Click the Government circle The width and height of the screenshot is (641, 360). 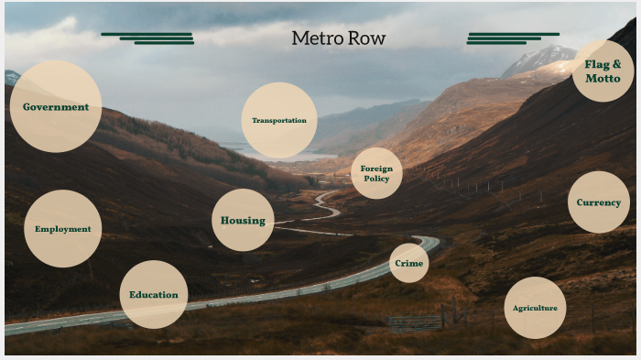55,106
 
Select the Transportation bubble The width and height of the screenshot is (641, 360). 279,120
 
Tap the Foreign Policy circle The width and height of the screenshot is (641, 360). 376,173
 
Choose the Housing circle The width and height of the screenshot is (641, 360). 243,220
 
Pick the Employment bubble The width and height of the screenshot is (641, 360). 62,229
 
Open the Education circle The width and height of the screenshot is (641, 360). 154,294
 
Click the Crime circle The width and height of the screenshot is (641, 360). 408,263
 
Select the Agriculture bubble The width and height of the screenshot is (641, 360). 535,308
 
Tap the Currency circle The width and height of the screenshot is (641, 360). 599,202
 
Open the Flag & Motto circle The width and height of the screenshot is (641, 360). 603,71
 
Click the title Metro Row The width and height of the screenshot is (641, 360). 338,38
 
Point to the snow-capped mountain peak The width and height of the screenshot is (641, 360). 540,60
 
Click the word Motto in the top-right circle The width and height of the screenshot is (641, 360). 603,79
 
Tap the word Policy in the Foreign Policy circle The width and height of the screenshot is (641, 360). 376,179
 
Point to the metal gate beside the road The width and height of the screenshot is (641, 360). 415,322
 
